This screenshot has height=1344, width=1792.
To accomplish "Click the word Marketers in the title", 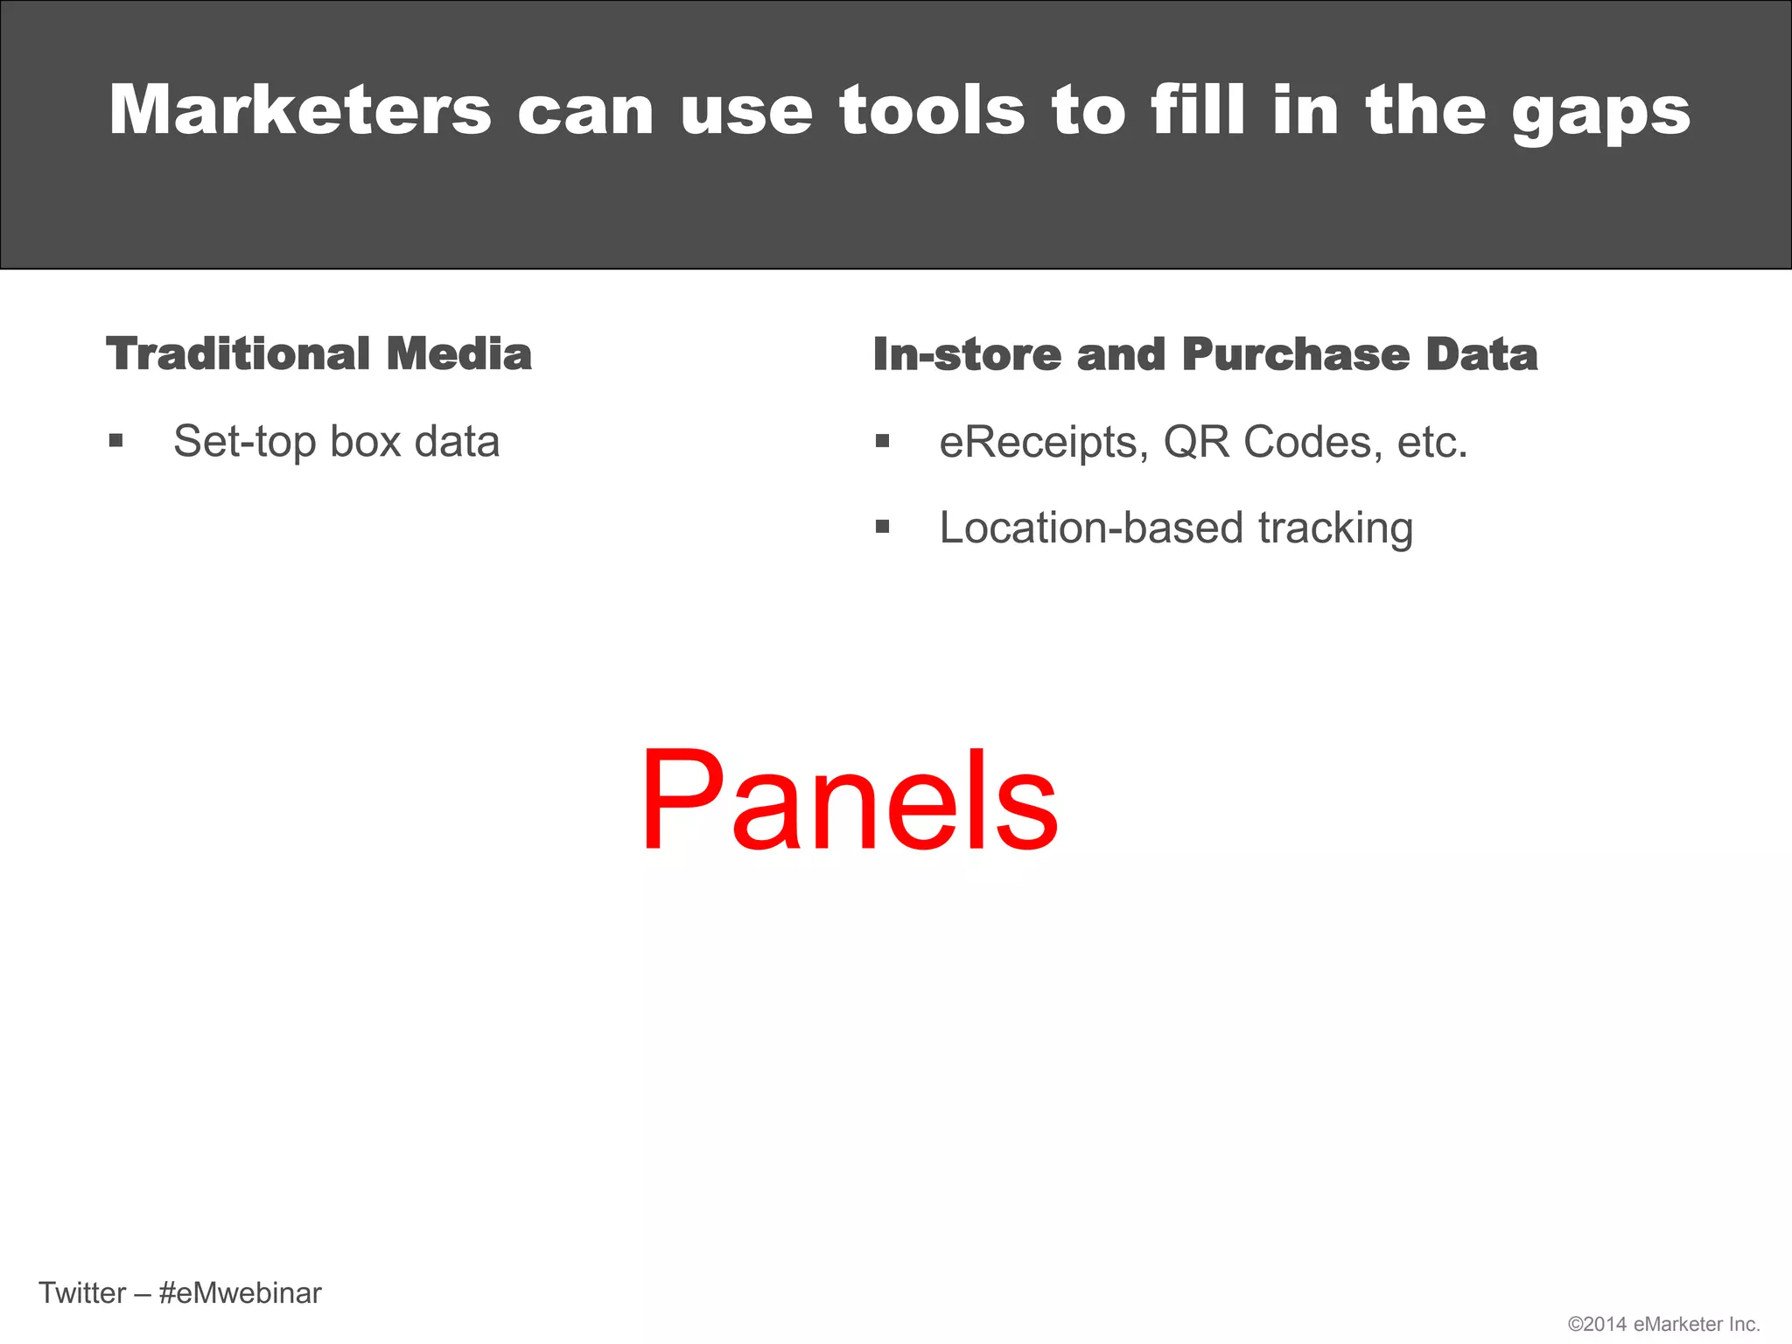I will (x=300, y=110).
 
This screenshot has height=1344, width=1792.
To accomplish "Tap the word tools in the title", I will (x=932, y=110).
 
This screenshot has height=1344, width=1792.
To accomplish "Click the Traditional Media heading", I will (x=318, y=354).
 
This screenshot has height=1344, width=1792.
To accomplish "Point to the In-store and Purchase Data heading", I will (x=1205, y=354).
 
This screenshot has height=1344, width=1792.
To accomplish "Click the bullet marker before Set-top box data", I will (x=115, y=440).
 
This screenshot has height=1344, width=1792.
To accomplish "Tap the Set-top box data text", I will (x=336, y=441).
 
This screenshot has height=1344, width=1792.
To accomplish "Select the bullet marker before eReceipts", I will (x=882, y=441).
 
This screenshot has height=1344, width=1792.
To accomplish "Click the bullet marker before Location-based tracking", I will (x=882, y=527).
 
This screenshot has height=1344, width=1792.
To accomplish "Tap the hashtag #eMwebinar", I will (x=241, y=1293).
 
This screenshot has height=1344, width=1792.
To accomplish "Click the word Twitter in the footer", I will (x=82, y=1293).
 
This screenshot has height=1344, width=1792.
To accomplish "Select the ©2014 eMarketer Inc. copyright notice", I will (x=1663, y=1324).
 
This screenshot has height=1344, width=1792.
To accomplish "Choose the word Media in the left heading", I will (x=458, y=354).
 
